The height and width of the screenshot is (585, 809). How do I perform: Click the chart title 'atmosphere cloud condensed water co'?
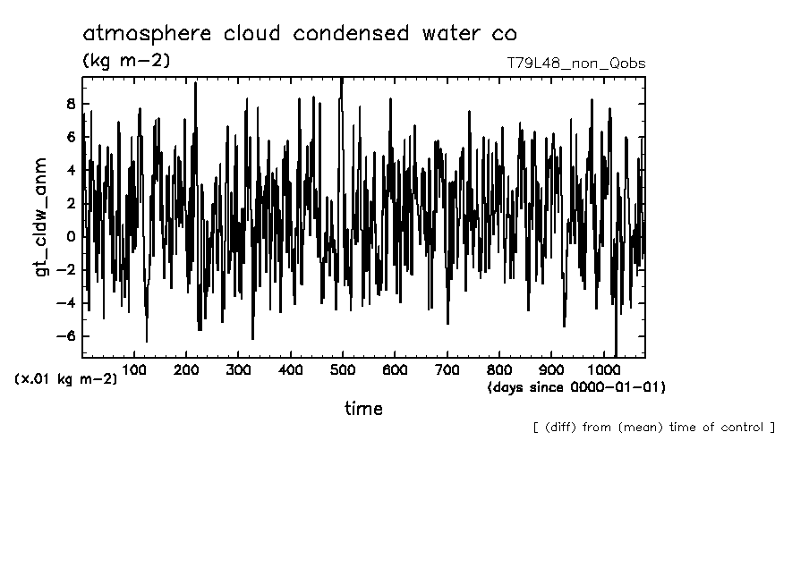[x=299, y=34]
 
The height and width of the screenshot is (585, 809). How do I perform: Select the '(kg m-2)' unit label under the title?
[x=126, y=61]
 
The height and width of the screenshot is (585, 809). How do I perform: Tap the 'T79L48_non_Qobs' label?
[x=575, y=64]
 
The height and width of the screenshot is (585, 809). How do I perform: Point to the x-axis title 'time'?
[x=363, y=409]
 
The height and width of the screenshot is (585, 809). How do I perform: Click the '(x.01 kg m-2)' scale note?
[x=65, y=378]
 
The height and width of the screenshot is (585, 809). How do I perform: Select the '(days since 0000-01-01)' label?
[x=576, y=387]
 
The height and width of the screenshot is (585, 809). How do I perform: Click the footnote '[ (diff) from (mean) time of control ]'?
[x=653, y=427]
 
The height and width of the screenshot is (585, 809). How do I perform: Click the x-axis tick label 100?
[x=134, y=369]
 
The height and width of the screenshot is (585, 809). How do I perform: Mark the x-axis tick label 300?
[x=238, y=369]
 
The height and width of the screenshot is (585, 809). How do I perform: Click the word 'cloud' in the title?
[x=241, y=34]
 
